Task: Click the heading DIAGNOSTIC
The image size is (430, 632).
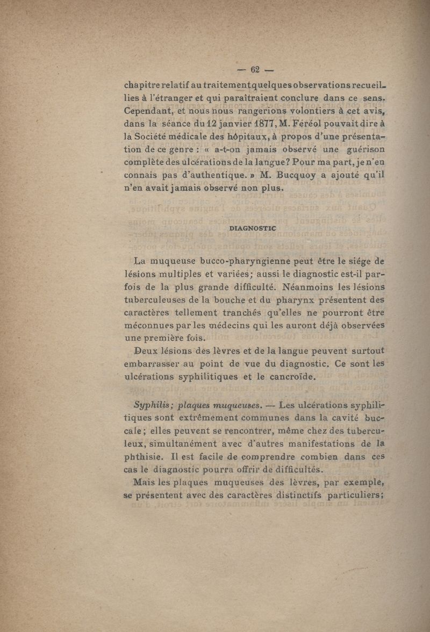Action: (x=253, y=228)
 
